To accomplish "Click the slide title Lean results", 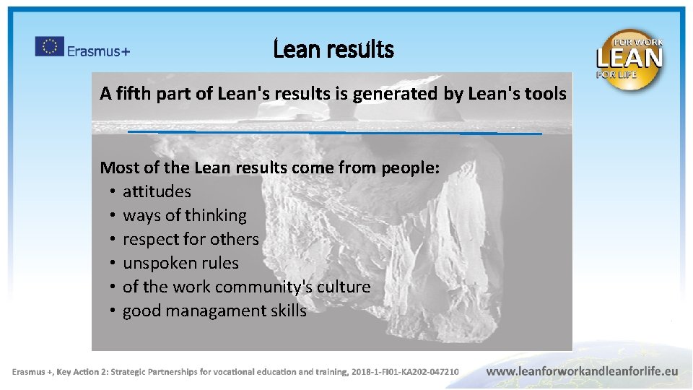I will (334, 50).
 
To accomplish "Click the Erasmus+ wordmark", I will (98, 51).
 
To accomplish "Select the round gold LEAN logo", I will (629, 59).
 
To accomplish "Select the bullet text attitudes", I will (157, 191).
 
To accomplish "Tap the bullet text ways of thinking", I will (184, 215).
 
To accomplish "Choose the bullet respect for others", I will (191, 239).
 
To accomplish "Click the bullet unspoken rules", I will (180, 263).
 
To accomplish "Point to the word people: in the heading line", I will (409, 168).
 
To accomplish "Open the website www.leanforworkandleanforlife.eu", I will (582, 371).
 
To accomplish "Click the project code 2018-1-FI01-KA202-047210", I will (405, 372).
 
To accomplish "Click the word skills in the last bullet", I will (288, 311).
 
